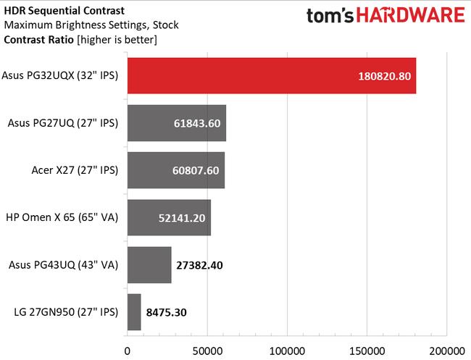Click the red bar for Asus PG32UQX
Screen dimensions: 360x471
pyautogui.click(x=272, y=76)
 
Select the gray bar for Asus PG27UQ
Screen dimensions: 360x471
pyautogui.click(x=176, y=123)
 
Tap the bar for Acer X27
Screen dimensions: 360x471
pyautogui.click(x=175, y=170)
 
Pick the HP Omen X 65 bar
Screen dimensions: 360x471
pyautogui.click(x=169, y=217)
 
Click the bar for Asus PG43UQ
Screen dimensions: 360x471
pyautogui.click(x=149, y=264)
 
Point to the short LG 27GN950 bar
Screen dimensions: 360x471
pyautogui.click(x=134, y=311)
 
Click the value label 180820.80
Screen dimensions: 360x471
pyautogui.click(x=384, y=76)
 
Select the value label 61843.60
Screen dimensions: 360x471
pyautogui.click(x=196, y=123)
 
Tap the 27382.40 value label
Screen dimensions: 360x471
pyautogui.click(x=198, y=264)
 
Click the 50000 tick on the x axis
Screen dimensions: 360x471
pyautogui.click(x=207, y=350)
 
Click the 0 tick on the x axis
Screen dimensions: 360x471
pyautogui.click(x=128, y=350)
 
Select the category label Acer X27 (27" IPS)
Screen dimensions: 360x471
pyautogui.click(x=75, y=170)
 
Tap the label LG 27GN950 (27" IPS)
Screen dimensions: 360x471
pyautogui.click(x=65, y=312)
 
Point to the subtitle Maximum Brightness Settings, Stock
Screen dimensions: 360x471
pyautogui.click(x=91, y=25)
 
